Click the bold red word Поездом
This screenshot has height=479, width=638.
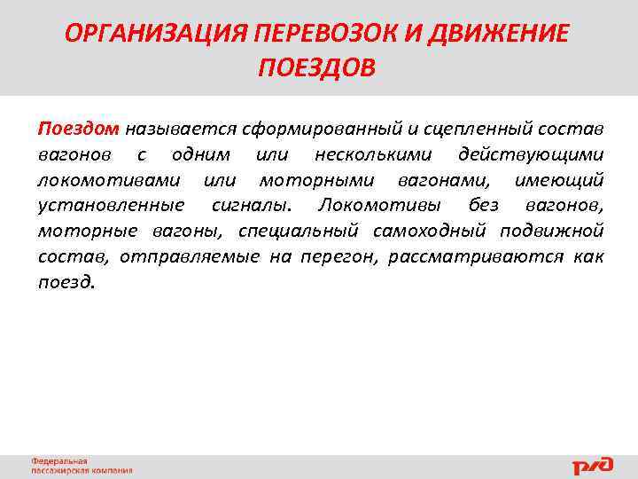click(78, 130)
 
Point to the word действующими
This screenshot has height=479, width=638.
click(532, 155)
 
